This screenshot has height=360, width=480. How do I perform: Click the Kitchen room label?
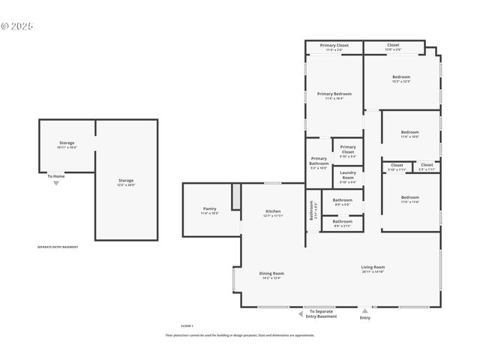pyautogui.click(x=273, y=211)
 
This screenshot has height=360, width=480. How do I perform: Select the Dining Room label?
pyautogui.click(x=271, y=273)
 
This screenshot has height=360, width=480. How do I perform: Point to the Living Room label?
pyautogui.click(x=373, y=267)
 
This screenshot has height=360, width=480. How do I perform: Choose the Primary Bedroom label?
pyautogui.click(x=334, y=94)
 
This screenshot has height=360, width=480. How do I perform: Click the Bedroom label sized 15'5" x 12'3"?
pyautogui.click(x=401, y=77)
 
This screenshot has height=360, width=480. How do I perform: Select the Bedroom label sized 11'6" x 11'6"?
pyautogui.click(x=409, y=197)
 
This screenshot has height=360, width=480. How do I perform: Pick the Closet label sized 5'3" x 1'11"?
pyautogui.click(x=426, y=165)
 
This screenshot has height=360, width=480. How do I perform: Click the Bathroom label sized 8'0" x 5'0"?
pyautogui.click(x=343, y=200)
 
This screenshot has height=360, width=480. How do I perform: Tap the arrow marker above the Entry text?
pyautogui.click(x=364, y=310)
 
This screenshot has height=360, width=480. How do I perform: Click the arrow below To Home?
pyautogui.click(x=55, y=183)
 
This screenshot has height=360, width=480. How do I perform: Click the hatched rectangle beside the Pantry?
pyautogui.click(x=235, y=197)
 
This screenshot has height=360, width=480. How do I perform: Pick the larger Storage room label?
pyautogui.click(x=126, y=181)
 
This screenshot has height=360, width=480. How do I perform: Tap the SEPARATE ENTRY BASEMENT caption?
pyautogui.click(x=58, y=247)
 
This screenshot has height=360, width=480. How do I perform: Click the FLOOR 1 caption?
pyautogui.click(x=187, y=325)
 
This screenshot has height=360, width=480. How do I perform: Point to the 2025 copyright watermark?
pyautogui.click(x=17, y=25)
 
